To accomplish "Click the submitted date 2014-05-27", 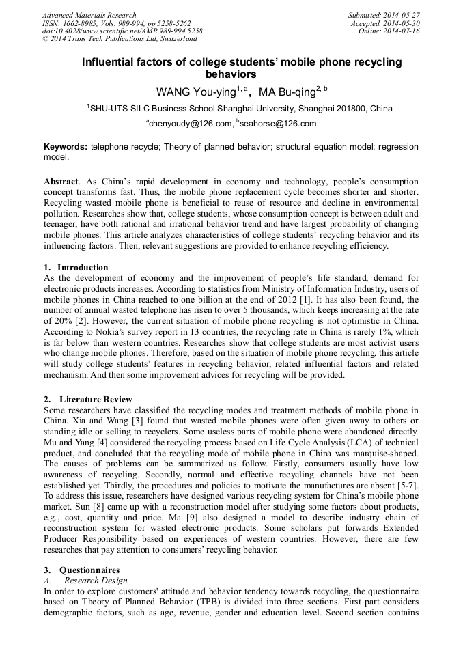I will [403, 15].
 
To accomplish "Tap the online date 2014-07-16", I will [403, 31].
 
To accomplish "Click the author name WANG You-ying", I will [195, 92].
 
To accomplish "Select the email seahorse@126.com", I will [268, 124].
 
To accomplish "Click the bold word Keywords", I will [66, 147].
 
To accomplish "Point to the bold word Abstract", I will [61, 182].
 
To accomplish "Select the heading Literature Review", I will [96, 400].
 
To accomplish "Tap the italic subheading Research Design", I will [96, 581].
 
